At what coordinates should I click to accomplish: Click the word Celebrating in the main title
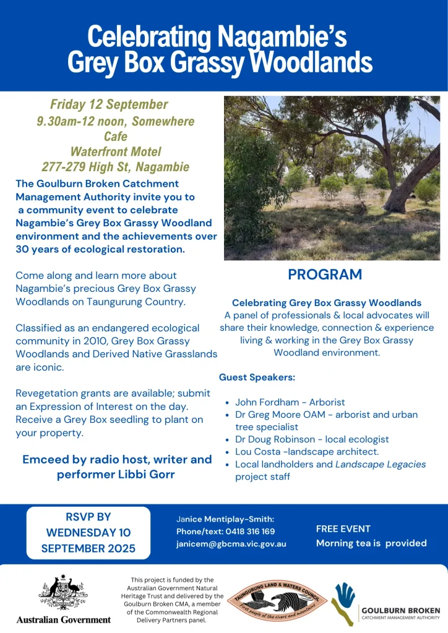[x=150, y=36]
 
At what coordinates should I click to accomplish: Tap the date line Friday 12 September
[x=109, y=104]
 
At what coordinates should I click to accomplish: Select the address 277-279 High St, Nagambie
[x=115, y=167]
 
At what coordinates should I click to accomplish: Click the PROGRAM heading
[x=325, y=275]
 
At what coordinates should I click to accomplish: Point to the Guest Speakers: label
[x=257, y=376]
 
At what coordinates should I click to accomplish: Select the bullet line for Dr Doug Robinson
[x=312, y=439]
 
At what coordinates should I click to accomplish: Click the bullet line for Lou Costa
[x=307, y=452]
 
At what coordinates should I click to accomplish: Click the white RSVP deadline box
[x=88, y=532]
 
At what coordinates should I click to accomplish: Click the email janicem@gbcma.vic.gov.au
[x=231, y=543]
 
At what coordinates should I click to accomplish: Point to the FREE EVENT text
[x=343, y=529]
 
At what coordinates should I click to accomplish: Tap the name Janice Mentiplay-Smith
[x=225, y=519]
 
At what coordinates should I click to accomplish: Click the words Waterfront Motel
[x=116, y=151]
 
